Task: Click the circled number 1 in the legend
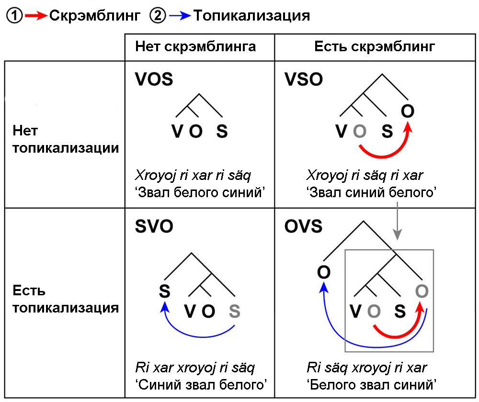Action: click(x=14, y=16)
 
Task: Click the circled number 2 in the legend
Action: click(x=157, y=16)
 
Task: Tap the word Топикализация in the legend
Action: click(x=251, y=16)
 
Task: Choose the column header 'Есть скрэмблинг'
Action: click(x=375, y=46)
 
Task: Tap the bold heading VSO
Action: click(x=304, y=79)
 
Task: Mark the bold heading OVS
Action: click(x=304, y=226)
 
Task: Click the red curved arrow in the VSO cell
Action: click(x=383, y=152)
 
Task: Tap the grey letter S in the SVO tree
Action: click(x=234, y=312)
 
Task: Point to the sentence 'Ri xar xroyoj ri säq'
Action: click(x=194, y=368)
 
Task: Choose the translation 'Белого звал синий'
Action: click(x=371, y=384)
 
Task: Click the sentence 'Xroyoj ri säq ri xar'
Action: click(x=365, y=175)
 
